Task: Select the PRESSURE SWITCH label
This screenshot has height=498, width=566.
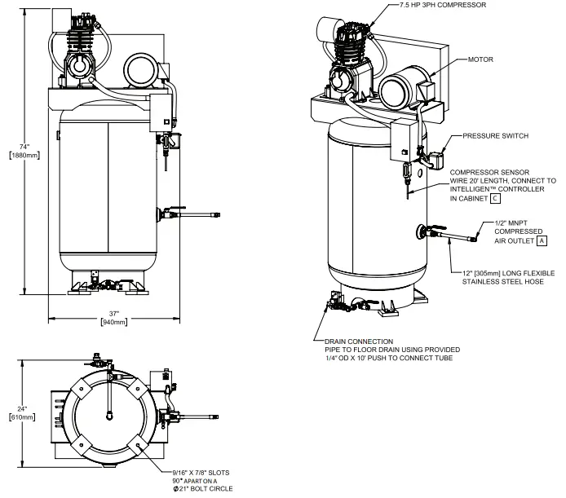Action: point(495,135)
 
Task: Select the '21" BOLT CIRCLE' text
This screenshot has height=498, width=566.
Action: point(206,488)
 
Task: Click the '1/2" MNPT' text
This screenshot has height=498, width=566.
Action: point(514,223)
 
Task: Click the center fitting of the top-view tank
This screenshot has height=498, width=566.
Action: point(108,415)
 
